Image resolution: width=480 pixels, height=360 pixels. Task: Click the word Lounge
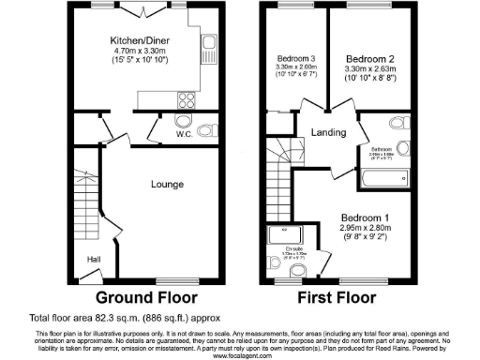click(x=166, y=185)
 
